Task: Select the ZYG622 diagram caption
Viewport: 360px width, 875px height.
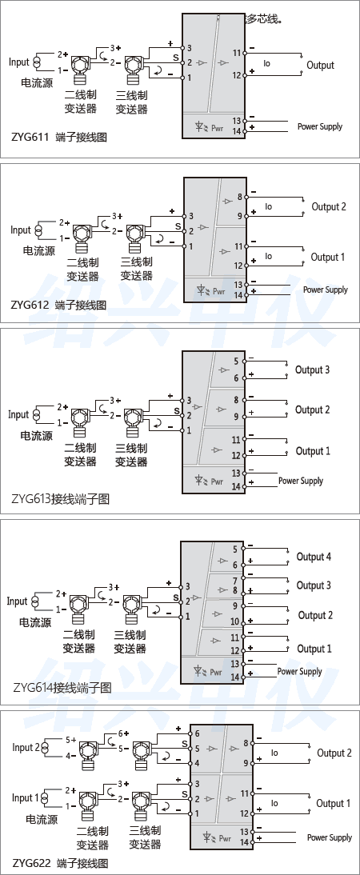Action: [59, 864]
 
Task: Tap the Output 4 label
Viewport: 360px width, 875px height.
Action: [314, 557]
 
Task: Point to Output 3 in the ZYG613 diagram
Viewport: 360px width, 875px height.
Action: [312, 370]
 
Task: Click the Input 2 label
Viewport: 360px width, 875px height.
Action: [26, 747]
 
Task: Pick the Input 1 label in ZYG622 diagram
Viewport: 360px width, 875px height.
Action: [25, 797]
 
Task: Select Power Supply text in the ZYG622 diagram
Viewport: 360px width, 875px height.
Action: [330, 837]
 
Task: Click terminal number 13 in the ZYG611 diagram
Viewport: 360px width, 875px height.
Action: [237, 121]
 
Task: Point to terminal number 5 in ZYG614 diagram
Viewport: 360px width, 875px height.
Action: [234, 549]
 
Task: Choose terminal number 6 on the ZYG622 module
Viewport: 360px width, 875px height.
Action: [197, 733]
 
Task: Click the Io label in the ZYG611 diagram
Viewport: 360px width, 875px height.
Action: [267, 63]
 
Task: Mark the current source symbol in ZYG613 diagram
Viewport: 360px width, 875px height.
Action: [36, 415]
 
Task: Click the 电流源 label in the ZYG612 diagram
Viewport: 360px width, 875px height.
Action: [38, 250]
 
